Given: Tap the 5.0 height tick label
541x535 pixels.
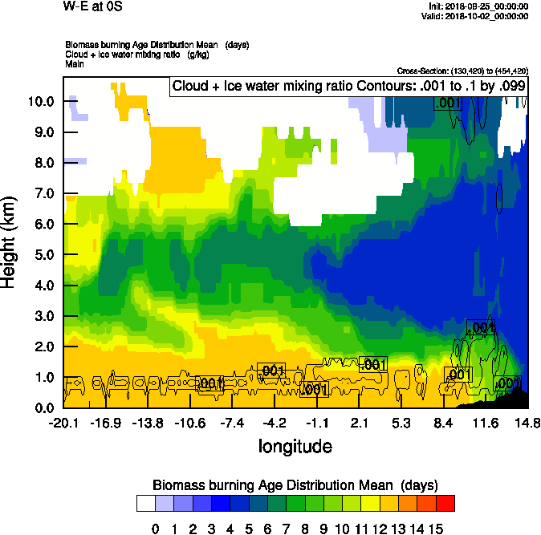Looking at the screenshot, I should (x=41, y=255).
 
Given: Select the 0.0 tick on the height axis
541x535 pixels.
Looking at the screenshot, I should (x=41, y=407).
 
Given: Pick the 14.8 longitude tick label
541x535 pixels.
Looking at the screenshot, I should (x=527, y=423).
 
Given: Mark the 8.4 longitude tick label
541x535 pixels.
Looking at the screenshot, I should (x=444, y=423).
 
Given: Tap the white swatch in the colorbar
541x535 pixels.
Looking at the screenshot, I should (x=145, y=503).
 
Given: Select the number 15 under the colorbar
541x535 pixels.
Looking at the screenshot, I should (x=435, y=528).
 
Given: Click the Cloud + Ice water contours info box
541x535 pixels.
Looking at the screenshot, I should (x=348, y=87).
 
